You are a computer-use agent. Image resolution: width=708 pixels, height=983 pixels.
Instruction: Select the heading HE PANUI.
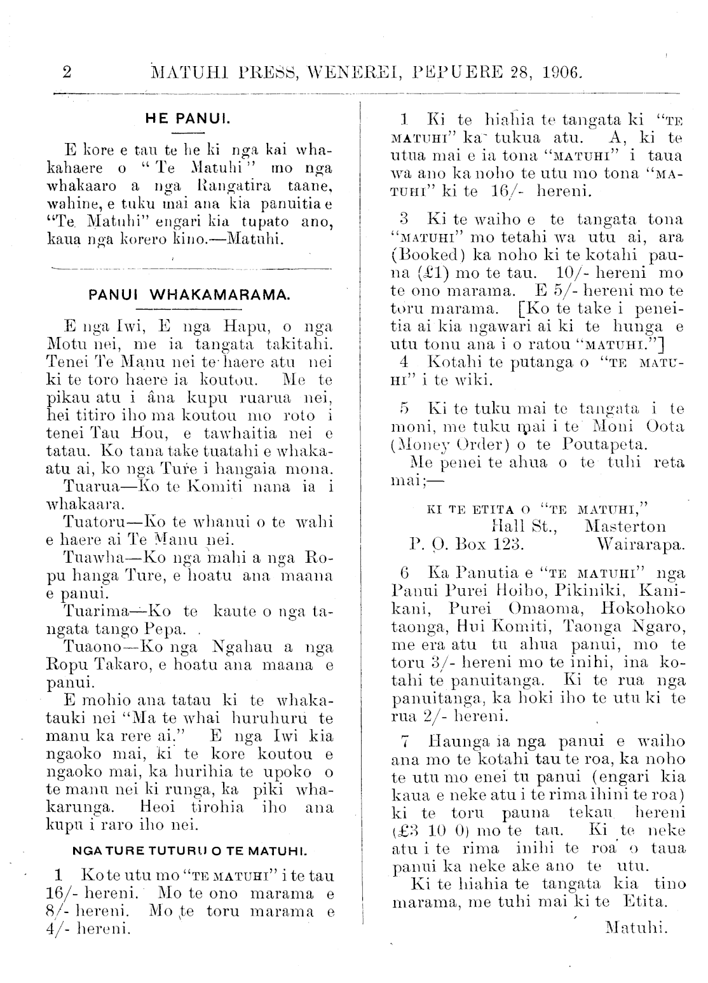187,118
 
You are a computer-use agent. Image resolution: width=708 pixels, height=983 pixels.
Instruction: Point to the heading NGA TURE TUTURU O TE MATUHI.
191,850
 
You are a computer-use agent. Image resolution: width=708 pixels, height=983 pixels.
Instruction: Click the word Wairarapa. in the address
641,544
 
